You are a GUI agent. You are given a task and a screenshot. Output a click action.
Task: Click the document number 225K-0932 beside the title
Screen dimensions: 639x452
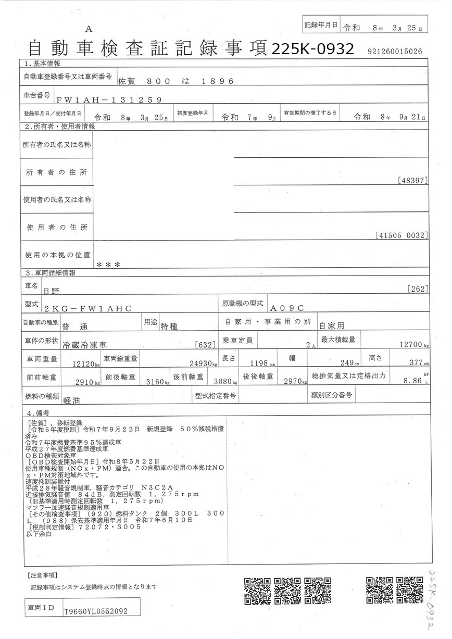tap(313, 49)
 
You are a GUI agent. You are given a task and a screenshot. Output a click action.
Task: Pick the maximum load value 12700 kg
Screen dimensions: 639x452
tap(414, 345)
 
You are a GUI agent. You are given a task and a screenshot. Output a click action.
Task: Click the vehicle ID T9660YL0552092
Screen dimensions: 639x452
tap(95, 611)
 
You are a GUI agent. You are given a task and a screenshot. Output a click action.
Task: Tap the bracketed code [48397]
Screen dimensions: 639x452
tap(412, 181)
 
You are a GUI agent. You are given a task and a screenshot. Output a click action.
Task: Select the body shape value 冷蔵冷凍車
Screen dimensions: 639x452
tap(83, 345)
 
